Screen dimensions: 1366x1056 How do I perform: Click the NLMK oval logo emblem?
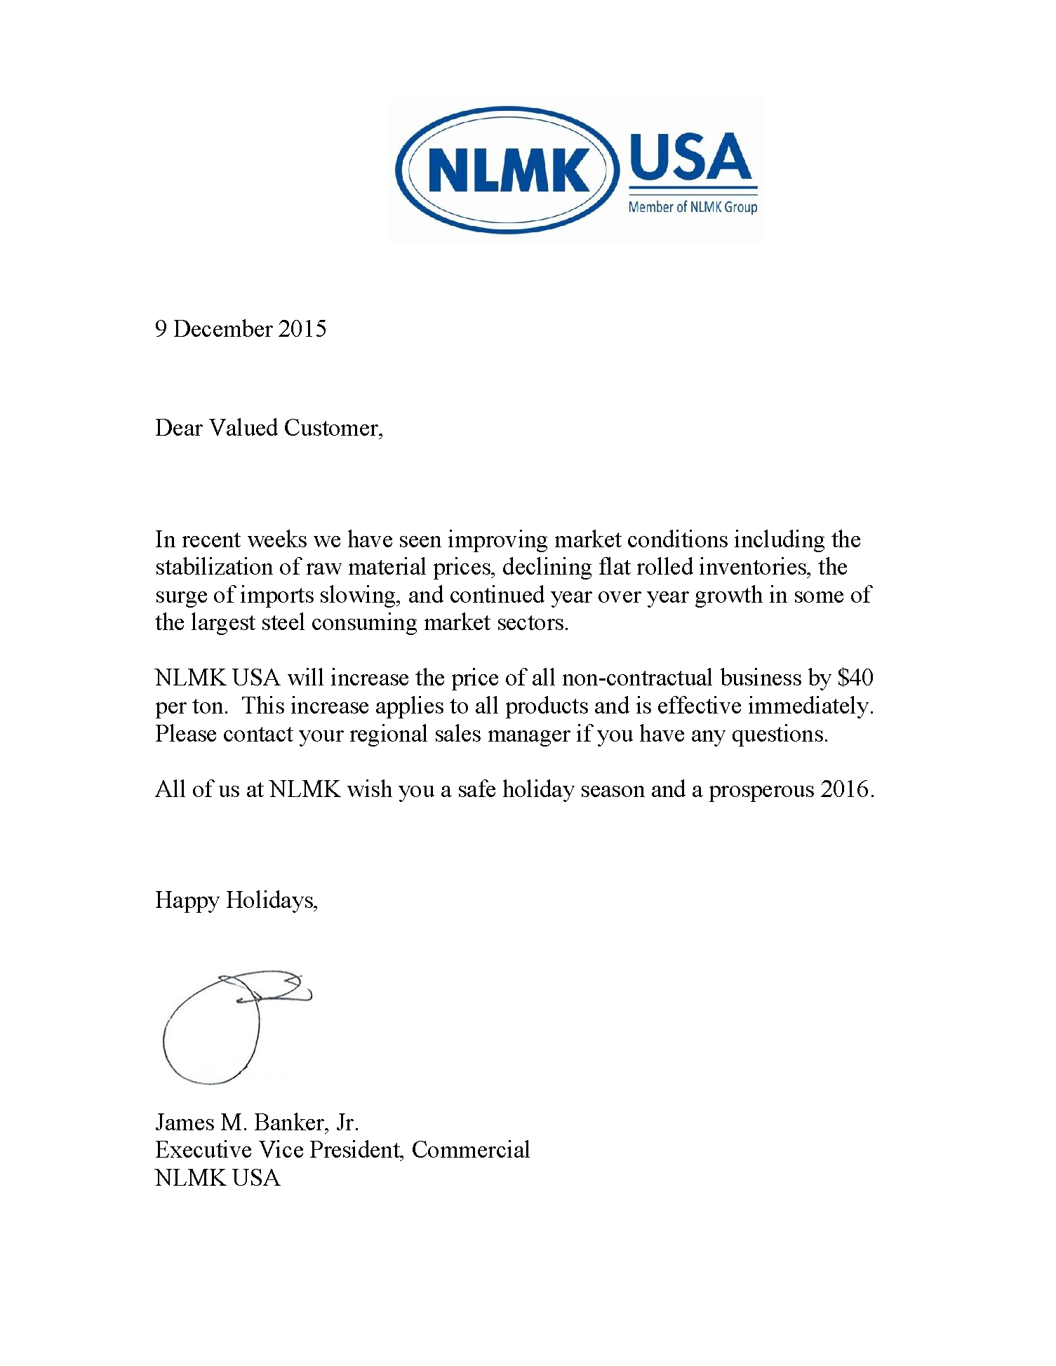(x=507, y=170)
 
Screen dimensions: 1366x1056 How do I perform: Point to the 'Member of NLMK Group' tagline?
(x=693, y=207)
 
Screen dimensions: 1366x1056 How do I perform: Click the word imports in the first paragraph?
(x=276, y=595)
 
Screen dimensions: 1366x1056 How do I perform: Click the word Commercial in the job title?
(x=470, y=1150)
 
